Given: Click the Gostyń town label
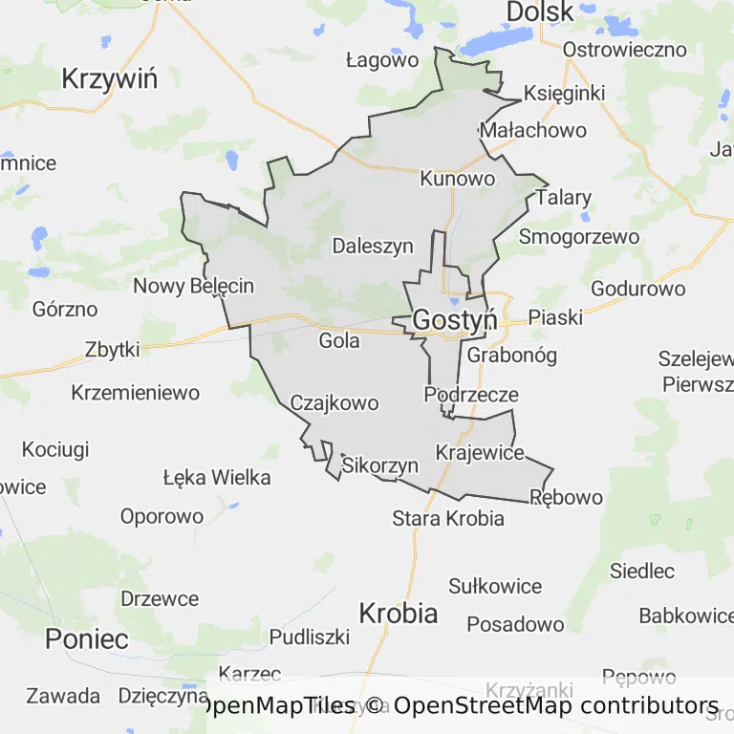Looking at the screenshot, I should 455,321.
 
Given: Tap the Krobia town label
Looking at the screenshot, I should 399,613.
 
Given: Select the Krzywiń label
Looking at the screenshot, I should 109,78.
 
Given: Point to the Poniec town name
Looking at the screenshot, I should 87,638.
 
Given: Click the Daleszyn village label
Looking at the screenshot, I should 373,246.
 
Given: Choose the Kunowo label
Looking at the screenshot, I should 458,179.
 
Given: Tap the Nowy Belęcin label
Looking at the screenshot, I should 193,286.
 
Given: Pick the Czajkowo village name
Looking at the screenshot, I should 335,403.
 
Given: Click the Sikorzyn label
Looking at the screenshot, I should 380,466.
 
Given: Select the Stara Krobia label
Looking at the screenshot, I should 448,519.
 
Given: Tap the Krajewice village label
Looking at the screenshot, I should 480,452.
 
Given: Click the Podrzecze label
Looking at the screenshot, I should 471,395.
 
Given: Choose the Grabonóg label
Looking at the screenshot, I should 512,356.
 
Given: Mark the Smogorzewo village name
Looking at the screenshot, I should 579,236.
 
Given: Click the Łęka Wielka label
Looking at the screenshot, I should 217,477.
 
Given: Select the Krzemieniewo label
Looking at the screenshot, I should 136,393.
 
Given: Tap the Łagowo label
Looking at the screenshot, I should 382,60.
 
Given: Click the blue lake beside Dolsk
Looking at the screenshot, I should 498,41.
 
